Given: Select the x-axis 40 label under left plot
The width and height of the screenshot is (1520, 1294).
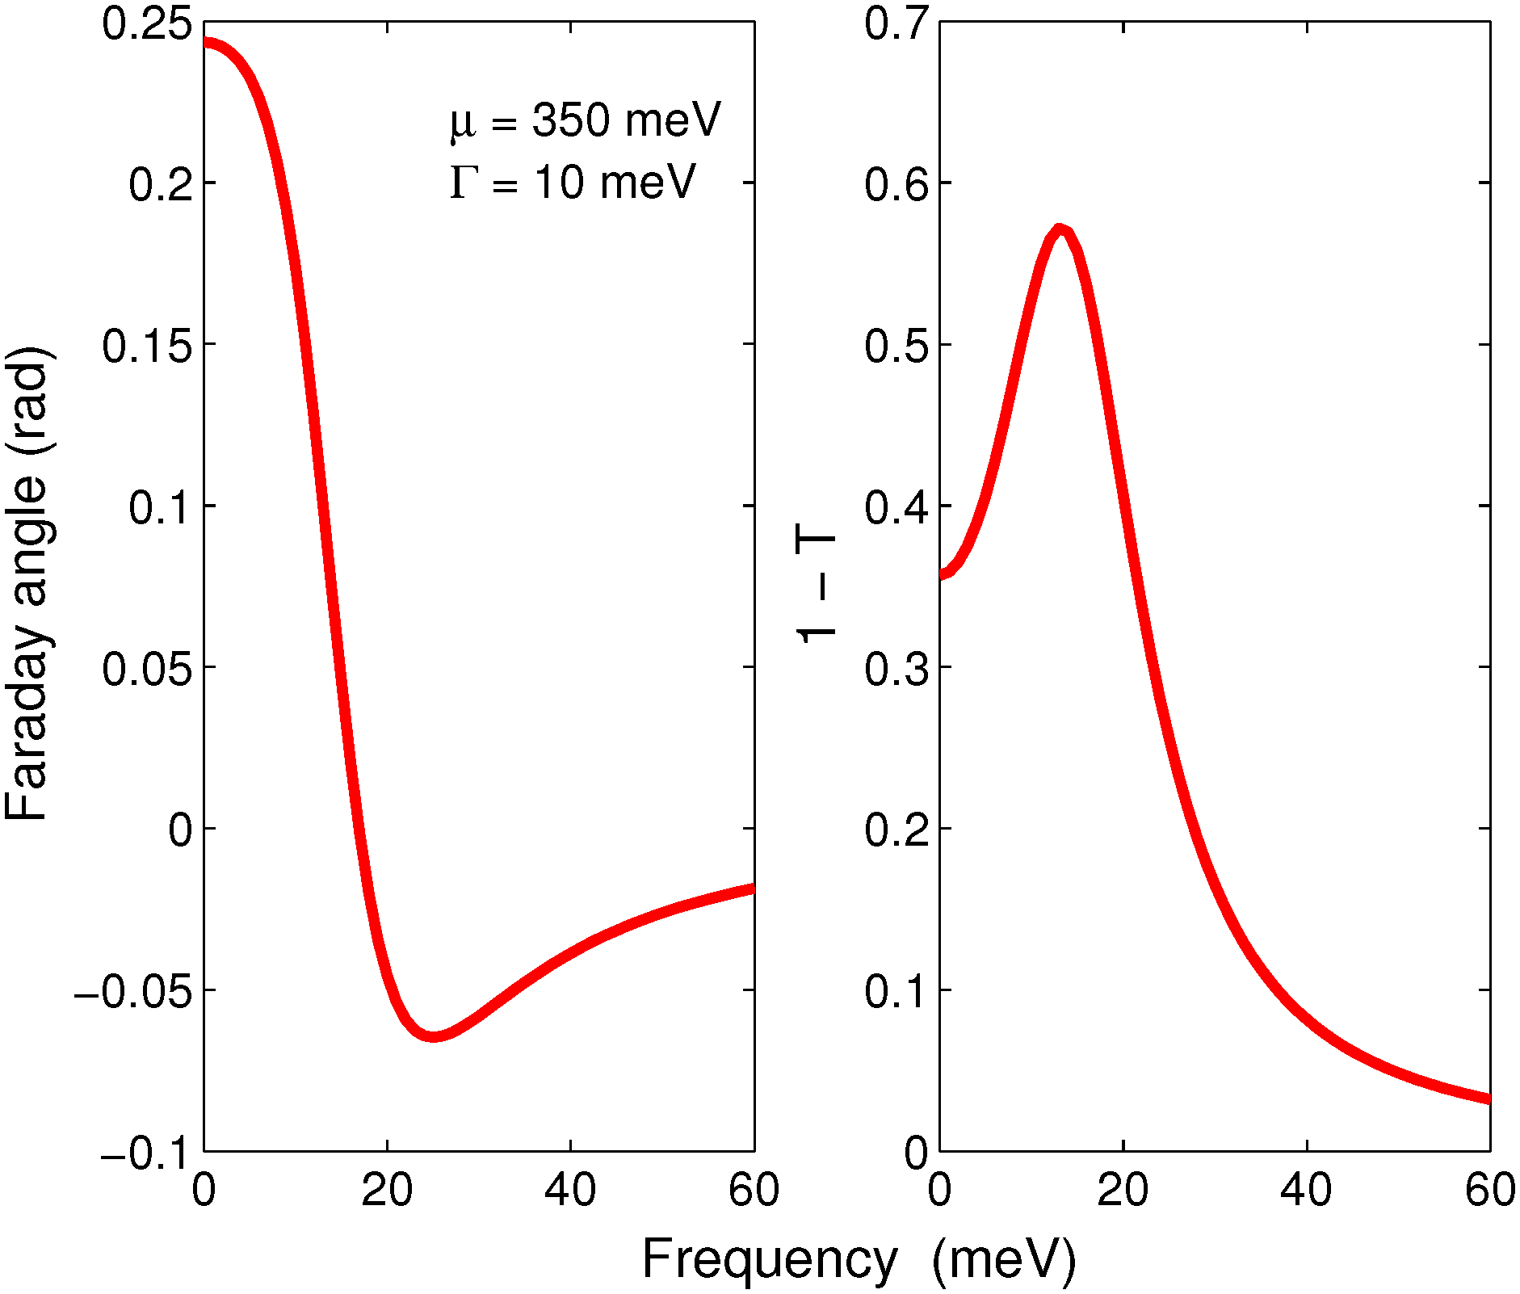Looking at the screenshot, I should tap(570, 1190).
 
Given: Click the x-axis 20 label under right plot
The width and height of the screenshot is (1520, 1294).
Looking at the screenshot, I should tap(1123, 1190).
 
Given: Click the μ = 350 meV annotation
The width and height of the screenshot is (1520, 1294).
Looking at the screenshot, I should tap(585, 121).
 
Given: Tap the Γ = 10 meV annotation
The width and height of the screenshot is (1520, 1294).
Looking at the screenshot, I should tap(572, 182).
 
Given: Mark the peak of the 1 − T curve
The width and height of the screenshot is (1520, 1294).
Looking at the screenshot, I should tap(1060, 229).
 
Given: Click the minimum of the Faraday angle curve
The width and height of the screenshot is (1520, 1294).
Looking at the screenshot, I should tap(433, 1036).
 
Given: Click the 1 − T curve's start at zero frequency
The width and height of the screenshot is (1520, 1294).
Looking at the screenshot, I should tap(942, 575).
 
